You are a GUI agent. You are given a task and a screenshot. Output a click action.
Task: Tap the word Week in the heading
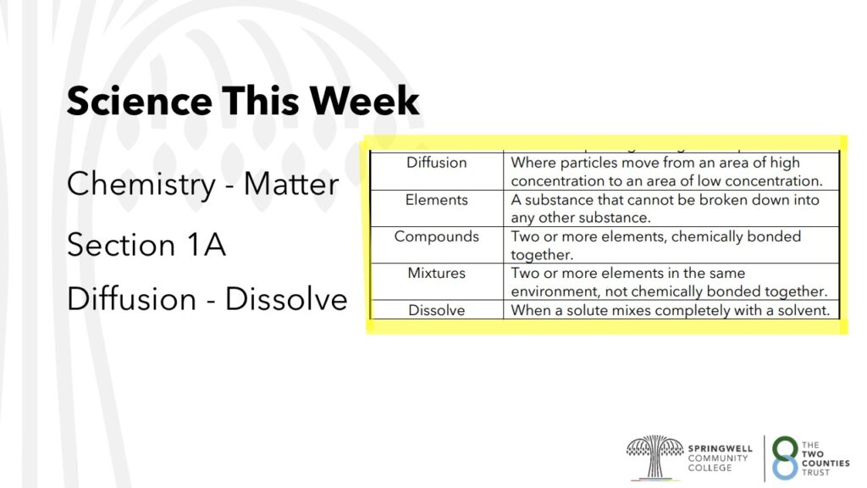pos(364,101)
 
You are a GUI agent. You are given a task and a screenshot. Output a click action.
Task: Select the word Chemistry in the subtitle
pos(141,185)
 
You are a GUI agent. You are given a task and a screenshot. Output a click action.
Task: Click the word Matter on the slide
pos(291,184)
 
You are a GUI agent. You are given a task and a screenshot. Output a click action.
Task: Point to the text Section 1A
pos(146,245)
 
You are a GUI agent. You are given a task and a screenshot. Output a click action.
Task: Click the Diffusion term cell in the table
pos(437,171)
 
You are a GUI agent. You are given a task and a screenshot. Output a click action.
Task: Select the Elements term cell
pos(437,208)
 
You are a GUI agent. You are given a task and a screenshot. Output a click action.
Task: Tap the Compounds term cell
pos(437,245)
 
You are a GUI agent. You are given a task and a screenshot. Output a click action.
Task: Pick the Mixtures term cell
pos(437,281)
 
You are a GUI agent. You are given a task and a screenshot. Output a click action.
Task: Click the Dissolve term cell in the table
pos(437,310)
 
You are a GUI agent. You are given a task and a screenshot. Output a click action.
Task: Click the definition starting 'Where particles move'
pos(666,171)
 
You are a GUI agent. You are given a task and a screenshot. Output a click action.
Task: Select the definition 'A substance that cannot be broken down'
pos(665,208)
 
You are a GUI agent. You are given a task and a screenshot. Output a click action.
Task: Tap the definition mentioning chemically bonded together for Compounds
pos(656,245)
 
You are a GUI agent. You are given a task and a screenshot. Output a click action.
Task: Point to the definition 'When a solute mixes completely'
pos(671,310)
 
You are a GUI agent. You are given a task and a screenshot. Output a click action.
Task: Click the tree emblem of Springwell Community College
pos(654,457)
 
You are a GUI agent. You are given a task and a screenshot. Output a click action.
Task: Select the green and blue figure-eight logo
pos(785,457)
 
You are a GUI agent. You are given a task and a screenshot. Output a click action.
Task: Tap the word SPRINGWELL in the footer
pos(720,448)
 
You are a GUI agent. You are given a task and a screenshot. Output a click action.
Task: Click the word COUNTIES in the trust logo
pos(826,463)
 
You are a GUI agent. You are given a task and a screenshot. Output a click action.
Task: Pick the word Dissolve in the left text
pos(286,299)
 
